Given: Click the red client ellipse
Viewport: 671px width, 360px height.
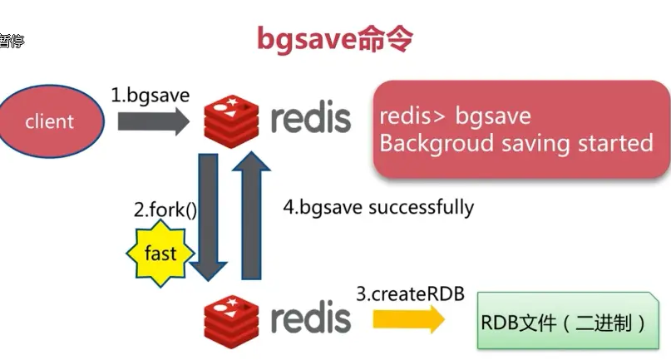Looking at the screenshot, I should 51,121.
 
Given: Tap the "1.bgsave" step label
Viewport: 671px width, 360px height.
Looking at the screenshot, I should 150,95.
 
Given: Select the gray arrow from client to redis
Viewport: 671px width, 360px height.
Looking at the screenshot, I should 154,121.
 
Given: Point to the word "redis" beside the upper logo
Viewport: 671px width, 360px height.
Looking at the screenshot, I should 310,117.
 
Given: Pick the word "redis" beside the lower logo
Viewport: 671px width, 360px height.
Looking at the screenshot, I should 310,317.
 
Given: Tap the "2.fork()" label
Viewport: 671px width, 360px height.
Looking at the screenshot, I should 165,210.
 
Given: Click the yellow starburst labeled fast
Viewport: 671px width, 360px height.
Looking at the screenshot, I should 160,251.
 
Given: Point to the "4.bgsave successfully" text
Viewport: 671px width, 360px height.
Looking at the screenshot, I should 378,207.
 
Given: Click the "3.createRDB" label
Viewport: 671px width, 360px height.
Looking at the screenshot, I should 410,293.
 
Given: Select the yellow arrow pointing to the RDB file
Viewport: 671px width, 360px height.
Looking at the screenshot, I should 407,318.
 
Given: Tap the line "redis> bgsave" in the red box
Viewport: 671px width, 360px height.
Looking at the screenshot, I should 455,116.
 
